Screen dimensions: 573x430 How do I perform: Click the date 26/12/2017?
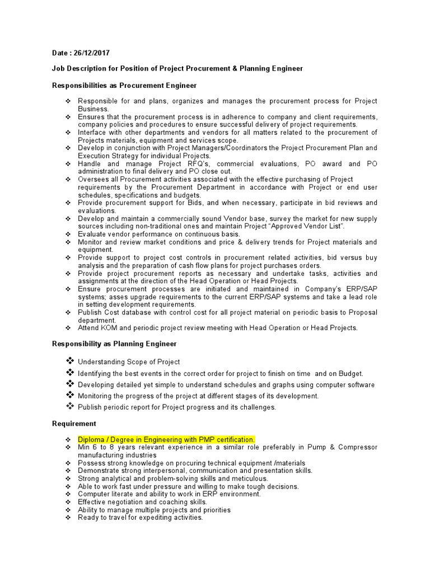91,53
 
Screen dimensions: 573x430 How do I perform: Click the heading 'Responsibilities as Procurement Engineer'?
124,85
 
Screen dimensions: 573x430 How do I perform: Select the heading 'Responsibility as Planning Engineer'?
114,344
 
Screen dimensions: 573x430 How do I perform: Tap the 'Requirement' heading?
74,424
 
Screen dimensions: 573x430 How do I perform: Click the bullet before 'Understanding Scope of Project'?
70,361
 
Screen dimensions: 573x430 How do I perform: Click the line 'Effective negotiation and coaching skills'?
142,502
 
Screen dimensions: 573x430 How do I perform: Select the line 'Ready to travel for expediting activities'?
140,518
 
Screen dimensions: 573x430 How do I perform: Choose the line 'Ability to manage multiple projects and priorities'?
154,510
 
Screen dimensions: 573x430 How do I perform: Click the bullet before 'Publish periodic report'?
70,406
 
